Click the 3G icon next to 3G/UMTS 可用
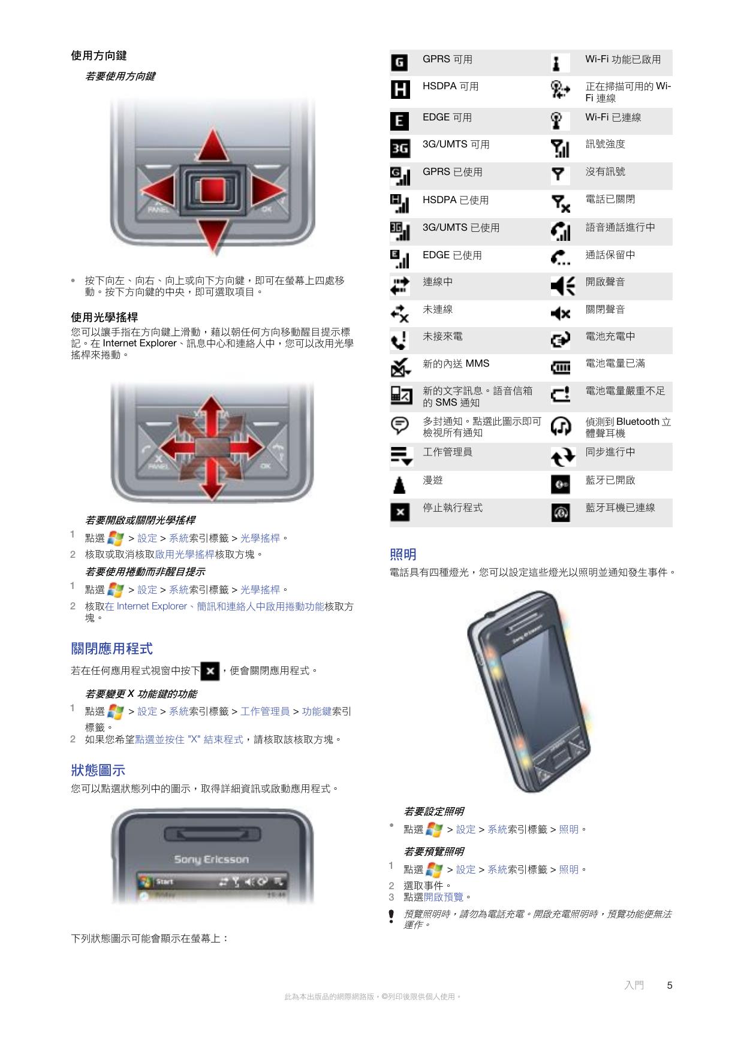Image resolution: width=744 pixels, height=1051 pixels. [400, 148]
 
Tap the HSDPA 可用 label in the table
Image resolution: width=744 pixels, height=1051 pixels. [450, 86]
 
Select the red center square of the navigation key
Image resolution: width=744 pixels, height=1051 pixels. [212, 191]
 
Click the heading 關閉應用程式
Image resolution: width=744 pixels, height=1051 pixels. [112, 648]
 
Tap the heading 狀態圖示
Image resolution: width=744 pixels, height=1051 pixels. [98, 770]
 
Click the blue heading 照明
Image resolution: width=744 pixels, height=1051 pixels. [403, 554]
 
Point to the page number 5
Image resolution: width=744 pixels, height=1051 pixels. [669, 985]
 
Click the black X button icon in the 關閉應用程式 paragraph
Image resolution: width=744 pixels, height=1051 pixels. [210, 671]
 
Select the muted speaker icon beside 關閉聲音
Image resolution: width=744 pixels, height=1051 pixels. [561, 313]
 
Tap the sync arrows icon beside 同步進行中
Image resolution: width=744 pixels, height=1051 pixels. [562, 457]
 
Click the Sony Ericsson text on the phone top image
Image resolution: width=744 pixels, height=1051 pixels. [211, 859]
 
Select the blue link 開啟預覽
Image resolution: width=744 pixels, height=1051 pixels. [443, 897]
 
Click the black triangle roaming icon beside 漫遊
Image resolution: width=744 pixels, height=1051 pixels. [399, 485]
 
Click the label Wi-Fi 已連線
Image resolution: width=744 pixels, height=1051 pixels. [613, 117]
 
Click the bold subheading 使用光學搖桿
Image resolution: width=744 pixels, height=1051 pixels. [104, 317]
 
